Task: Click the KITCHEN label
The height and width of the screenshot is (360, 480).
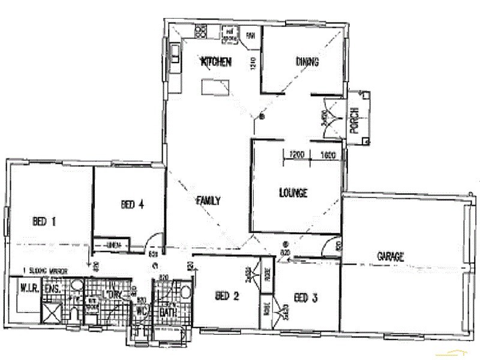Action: click(215, 61)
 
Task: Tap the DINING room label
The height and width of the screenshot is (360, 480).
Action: click(307, 61)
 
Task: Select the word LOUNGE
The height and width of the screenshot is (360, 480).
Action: click(293, 193)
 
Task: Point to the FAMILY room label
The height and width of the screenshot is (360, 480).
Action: click(208, 201)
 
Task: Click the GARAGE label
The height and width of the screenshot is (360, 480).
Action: click(390, 256)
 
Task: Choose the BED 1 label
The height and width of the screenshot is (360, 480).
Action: click(44, 221)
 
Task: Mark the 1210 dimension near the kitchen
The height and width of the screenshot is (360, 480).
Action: click(253, 63)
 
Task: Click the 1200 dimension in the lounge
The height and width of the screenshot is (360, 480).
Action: click(297, 154)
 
